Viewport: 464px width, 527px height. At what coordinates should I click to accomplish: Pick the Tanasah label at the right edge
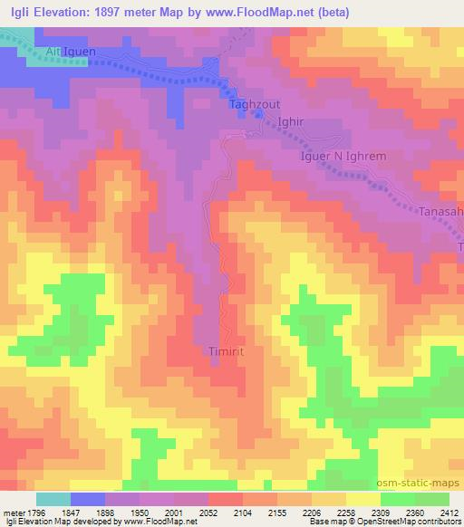tap(441, 211)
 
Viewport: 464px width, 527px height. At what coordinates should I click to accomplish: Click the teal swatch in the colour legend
tap(53, 499)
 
